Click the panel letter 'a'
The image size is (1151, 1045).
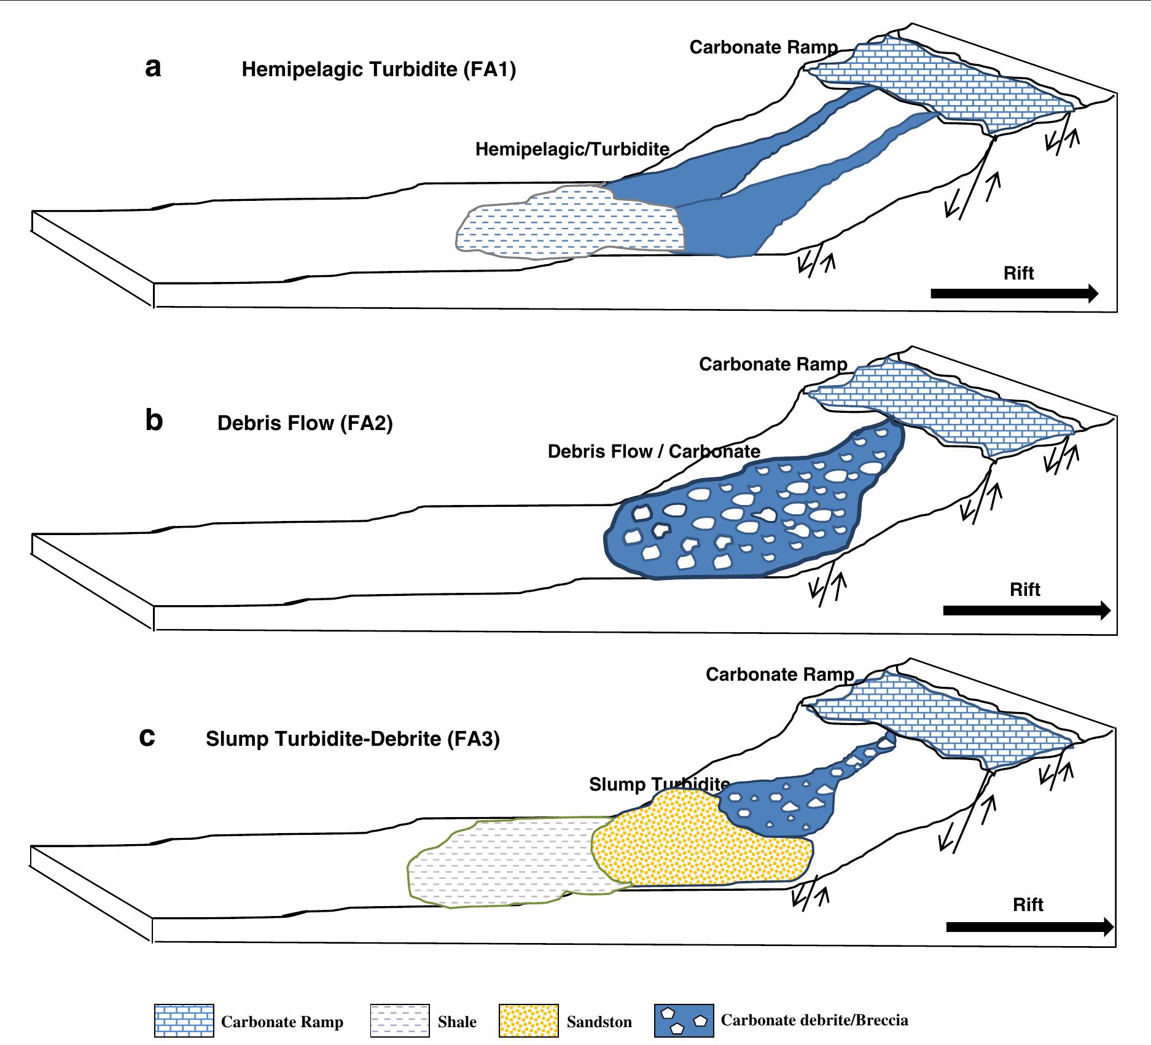click(154, 68)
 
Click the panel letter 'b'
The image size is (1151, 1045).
click(154, 421)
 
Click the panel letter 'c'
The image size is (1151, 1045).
click(147, 736)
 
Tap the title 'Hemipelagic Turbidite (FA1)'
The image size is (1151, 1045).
click(378, 69)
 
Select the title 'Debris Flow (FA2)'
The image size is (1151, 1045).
click(305, 423)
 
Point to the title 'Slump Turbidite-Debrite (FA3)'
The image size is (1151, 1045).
click(353, 738)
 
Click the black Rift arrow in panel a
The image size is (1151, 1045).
click(1014, 294)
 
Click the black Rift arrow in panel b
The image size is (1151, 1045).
click(1026, 611)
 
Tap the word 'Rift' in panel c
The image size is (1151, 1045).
click(1028, 905)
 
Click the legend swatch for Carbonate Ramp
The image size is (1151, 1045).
click(184, 1021)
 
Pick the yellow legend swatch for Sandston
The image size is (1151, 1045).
click(529, 1021)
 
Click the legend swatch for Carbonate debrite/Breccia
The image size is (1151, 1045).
click(684, 1021)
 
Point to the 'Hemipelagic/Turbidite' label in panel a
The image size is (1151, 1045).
click(572, 149)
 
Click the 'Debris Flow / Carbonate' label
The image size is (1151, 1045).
click(654, 452)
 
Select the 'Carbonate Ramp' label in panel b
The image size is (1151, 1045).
click(773, 364)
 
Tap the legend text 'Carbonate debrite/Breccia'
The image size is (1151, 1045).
click(814, 1020)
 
